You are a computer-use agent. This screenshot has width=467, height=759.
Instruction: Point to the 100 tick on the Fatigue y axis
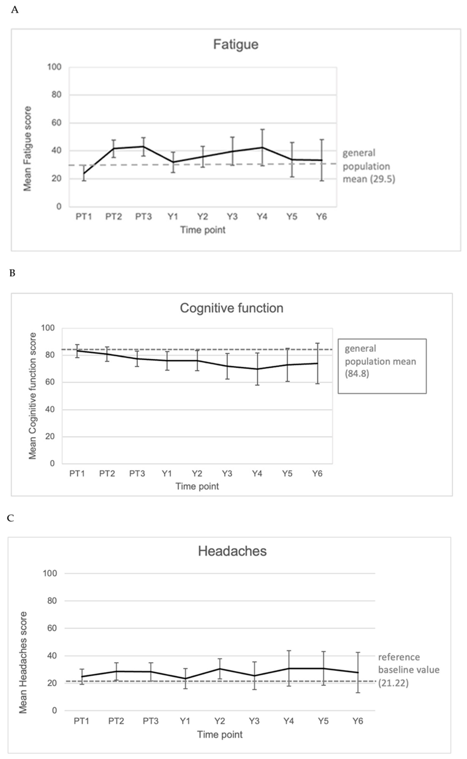coord(54,67)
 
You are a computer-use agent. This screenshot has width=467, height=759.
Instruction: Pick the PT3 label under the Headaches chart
coord(151,721)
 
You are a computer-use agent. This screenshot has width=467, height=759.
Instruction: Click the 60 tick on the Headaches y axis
coord(50,628)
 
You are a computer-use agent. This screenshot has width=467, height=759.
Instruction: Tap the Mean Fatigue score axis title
coord(28,149)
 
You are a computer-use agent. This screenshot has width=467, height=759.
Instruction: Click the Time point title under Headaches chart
coord(220,734)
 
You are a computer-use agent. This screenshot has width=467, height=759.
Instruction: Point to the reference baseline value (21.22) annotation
coord(409,670)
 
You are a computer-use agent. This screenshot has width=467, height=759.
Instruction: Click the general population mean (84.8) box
coord(382,366)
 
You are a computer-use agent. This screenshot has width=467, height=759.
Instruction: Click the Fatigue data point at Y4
coord(262,147)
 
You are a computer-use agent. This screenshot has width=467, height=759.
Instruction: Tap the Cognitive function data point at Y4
coord(257,369)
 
